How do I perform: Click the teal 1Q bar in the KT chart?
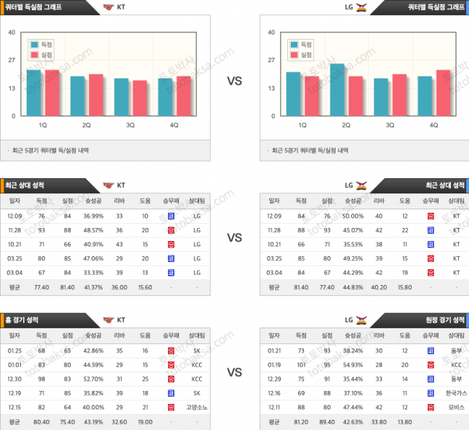point(34,92)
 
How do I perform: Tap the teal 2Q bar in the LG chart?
point(337,89)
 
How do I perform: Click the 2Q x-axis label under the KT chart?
point(87,125)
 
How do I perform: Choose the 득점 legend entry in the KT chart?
point(44,44)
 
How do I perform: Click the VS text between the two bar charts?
point(234,82)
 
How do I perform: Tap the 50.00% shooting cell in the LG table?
point(353,216)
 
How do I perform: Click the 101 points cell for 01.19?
point(300,365)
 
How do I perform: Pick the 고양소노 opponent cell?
point(197,407)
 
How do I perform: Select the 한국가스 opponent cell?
point(456,393)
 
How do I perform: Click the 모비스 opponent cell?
point(456,407)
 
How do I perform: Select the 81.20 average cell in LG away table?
point(300,422)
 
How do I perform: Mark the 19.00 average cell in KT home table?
point(146,422)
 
